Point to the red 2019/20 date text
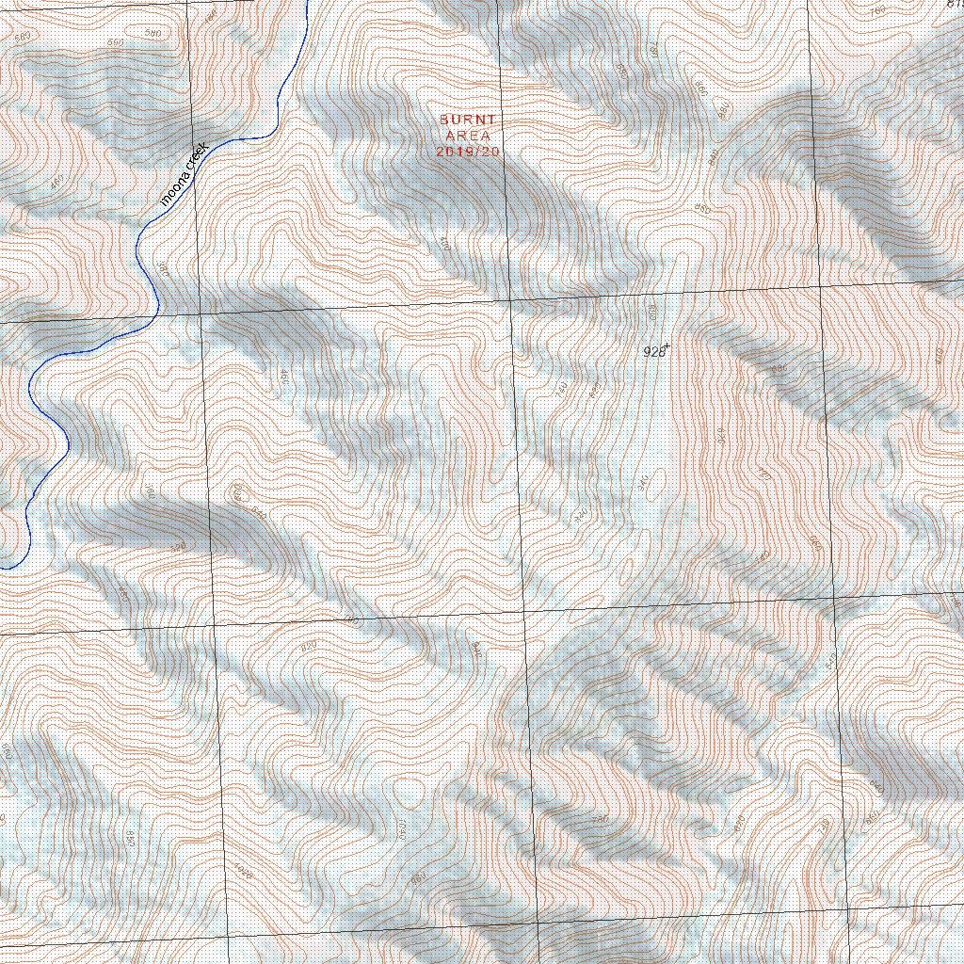click(x=468, y=151)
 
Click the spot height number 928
click(x=654, y=352)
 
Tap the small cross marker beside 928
click(x=667, y=346)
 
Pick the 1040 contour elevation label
click(x=401, y=829)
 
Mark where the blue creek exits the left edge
click(x=3, y=568)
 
